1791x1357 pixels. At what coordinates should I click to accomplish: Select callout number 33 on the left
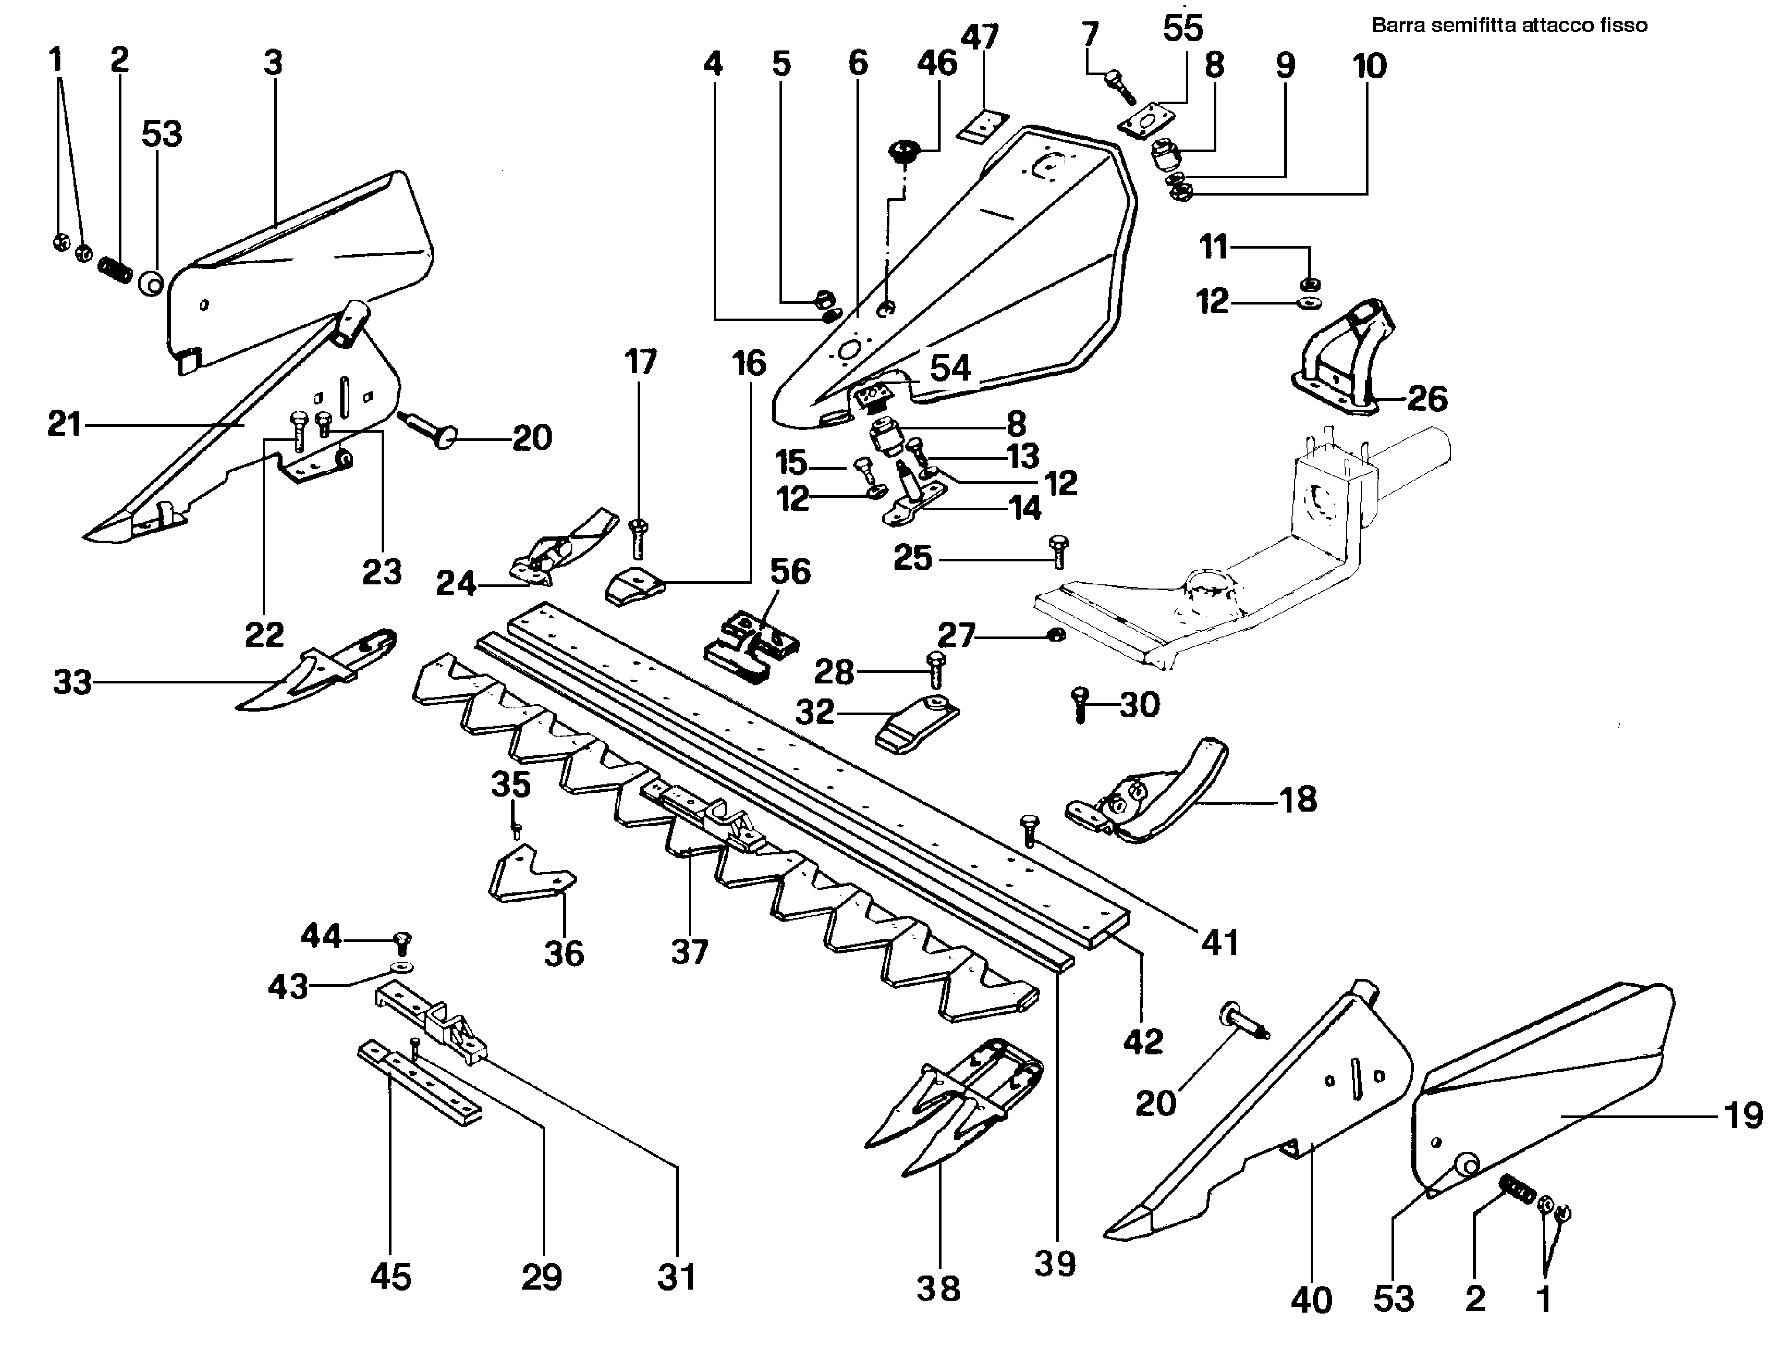72,682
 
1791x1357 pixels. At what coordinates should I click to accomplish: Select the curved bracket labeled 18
1150,798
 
